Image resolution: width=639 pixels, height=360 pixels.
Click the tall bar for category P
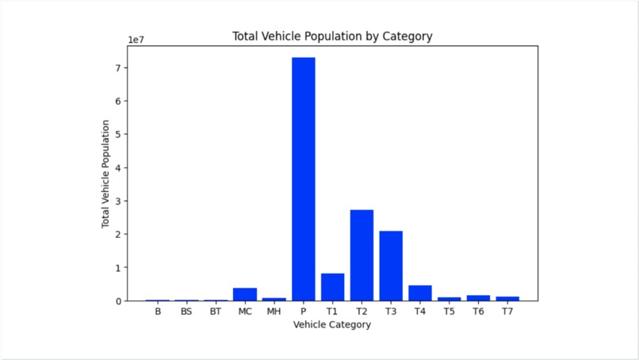[304, 178]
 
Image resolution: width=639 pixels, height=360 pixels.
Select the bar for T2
[362, 255]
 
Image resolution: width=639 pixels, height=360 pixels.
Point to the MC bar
[245, 294]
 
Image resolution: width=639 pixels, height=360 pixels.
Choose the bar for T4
[420, 293]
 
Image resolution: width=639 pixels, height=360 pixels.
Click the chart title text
[331, 36]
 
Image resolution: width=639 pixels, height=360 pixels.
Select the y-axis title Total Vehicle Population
[105, 174]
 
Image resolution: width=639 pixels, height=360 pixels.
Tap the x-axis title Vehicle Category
[331, 325]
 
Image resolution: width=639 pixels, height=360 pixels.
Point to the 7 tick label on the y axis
[117, 68]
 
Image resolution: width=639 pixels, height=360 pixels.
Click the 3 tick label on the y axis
[117, 201]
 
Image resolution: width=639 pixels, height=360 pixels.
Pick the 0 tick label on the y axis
[117, 301]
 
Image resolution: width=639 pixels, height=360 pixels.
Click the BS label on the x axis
[186, 312]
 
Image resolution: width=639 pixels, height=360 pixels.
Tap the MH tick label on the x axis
[274, 312]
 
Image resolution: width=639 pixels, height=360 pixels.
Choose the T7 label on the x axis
[507, 312]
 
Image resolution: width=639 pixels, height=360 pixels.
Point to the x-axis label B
[158, 312]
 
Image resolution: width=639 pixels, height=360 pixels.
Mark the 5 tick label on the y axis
[117, 135]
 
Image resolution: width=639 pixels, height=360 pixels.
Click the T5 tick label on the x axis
[449, 312]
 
